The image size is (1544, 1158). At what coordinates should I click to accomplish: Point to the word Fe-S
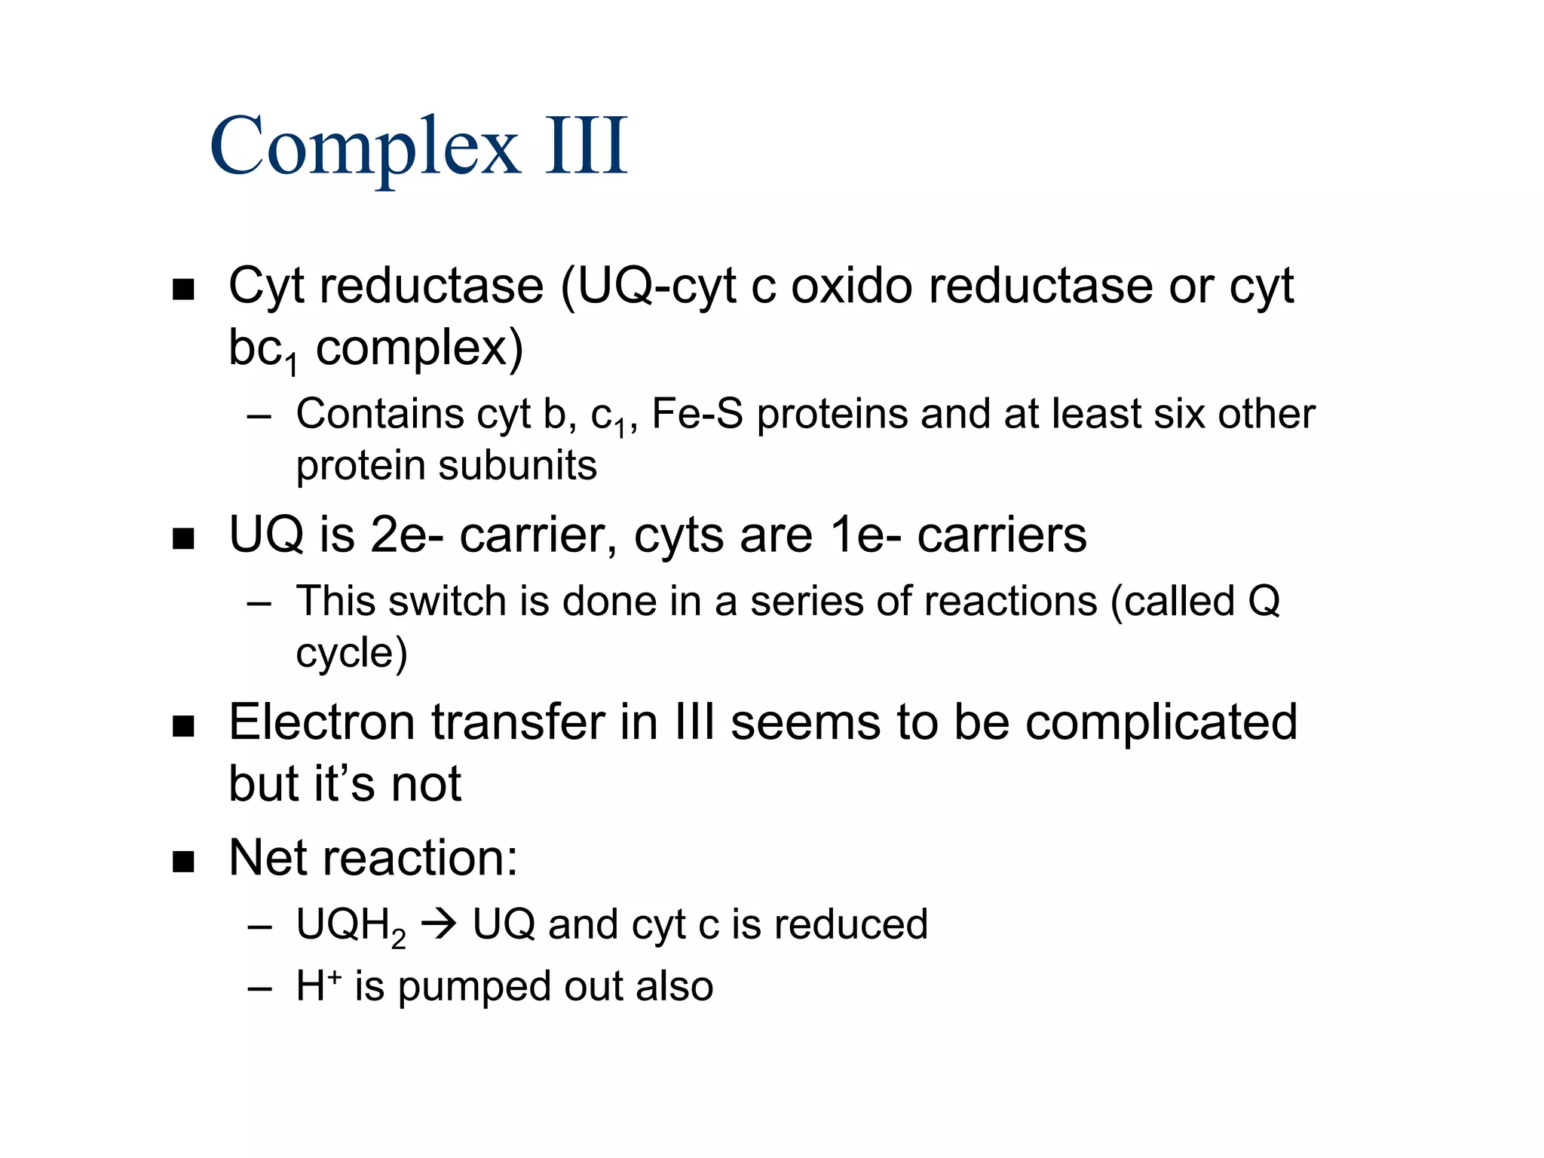(697, 414)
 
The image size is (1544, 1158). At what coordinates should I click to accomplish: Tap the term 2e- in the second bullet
(407, 535)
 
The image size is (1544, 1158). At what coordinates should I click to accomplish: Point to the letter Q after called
(1264, 602)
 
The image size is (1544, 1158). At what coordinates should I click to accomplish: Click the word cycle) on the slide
(351, 653)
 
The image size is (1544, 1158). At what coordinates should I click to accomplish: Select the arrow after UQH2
(439, 925)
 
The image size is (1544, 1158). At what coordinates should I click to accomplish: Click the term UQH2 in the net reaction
(350, 927)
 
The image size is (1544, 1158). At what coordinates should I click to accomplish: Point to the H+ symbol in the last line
(318, 985)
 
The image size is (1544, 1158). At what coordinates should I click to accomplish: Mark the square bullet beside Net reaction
(183, 861)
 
